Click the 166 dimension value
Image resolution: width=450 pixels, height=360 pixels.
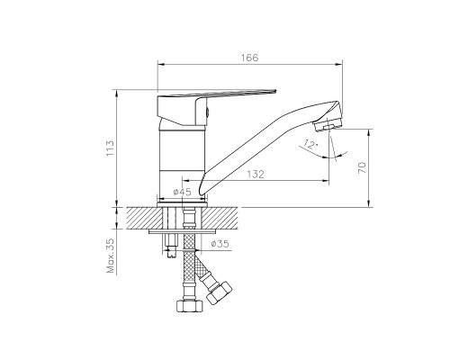click(249, 58)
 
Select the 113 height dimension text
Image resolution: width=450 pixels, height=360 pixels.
click(110, 148)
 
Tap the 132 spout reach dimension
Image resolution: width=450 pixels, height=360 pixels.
click(256, 174)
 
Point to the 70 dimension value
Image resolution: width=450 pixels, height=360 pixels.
click(362, 167)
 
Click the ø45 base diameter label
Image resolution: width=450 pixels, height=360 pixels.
click(182, 192)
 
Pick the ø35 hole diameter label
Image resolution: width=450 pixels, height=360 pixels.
click(220, 243)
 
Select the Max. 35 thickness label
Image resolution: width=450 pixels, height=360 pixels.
click(110, 256)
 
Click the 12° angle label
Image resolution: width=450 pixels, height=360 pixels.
click(310, 145)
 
